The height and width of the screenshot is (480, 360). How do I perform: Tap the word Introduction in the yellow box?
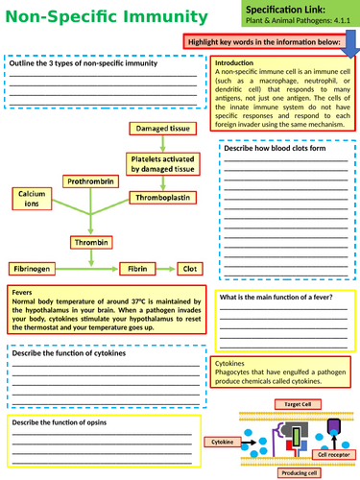click(236, 63)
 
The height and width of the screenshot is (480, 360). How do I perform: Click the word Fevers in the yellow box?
click(27, 292)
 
